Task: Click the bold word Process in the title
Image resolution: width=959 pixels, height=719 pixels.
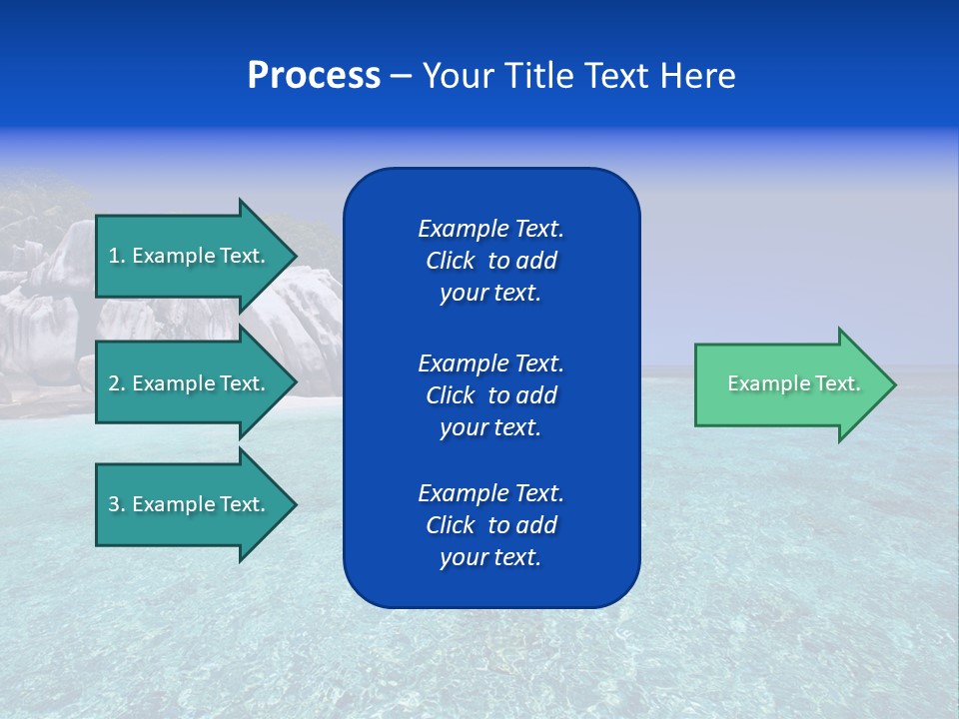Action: [314, 76]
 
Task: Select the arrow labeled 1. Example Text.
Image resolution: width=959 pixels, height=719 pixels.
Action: [190, 256]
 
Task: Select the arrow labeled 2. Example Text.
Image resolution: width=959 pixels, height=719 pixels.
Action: [190, 383]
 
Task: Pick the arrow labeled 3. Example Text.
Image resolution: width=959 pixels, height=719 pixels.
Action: [190, 504]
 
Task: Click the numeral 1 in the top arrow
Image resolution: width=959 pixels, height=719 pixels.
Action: [113, 256]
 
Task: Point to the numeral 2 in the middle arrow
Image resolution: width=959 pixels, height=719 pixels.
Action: [114, 383]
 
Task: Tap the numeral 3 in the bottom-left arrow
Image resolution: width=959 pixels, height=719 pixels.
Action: [114, 504]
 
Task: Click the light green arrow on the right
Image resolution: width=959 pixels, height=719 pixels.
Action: [789, 384]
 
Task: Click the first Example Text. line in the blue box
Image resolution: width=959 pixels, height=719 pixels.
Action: [490, 229]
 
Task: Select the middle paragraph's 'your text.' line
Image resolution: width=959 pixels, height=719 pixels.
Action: [490, 427]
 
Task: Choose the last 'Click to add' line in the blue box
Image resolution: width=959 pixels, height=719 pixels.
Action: [490, 525]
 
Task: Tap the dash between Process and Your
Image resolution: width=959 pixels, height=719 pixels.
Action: [401, 76]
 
